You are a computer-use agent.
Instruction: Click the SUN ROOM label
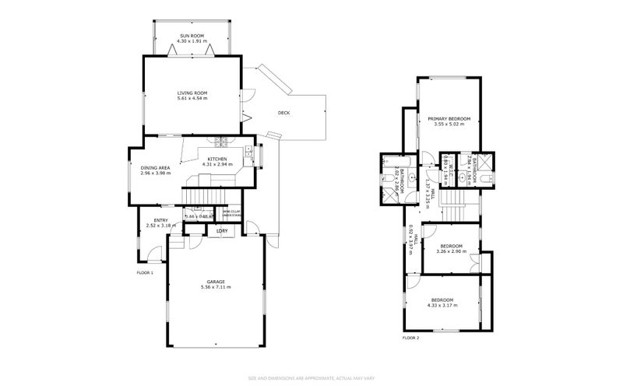(x=192, y=35)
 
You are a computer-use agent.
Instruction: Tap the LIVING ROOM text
(x=192, y=93)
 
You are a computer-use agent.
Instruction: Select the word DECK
(x=283, y=113)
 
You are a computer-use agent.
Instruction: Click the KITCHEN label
(x=216, y=159)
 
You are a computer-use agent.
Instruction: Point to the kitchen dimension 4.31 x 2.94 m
(x=217, y=165)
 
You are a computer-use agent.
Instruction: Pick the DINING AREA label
(x=155, y=167)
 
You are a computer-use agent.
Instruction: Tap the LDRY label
(x=222, y=231)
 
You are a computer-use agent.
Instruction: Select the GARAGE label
(x=216, y=282)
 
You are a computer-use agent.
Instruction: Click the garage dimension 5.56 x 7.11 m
(x=216, y=287)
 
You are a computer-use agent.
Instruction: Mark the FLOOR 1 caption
(x=145, y=273)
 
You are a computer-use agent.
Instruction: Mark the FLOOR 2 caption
(x=410, y=338)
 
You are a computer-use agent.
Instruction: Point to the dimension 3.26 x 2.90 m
(x=452, y=251)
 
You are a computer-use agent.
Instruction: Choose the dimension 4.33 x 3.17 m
(x=443, y=305)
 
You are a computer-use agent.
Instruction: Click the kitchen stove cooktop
(x=221, y=142)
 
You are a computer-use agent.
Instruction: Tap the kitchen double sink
(x=248, y=153)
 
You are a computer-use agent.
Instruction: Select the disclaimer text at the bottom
(x=311, y=378)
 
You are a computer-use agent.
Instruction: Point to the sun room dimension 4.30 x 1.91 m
(x=192, y=40)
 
